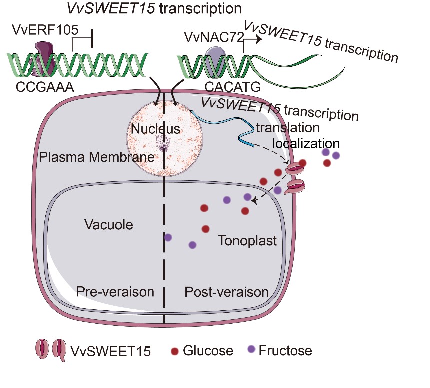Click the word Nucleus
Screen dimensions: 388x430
155,129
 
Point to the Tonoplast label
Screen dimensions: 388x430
247,241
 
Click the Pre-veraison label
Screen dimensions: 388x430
115,292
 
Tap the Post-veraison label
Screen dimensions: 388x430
226,292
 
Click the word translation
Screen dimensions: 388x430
287,128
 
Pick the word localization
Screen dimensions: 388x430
306,143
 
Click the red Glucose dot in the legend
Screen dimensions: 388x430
174,350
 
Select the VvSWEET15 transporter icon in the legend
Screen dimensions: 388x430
50,350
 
